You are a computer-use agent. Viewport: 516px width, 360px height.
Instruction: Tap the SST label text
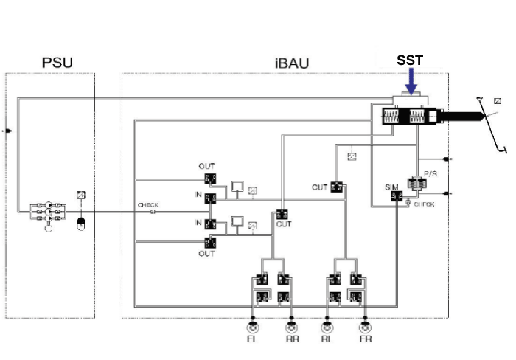[x=411, y=60]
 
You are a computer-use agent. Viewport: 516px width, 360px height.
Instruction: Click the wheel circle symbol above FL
[x=254, y=326]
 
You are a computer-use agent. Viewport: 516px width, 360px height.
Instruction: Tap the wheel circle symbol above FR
[x=363, y=326]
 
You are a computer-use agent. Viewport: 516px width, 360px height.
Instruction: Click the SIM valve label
[x=392, y=188]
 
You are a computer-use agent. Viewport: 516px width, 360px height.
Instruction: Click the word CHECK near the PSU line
[x=148, y=205]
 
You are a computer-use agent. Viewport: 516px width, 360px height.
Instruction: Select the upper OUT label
[x=206, y=167]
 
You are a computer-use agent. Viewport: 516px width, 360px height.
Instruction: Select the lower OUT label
[x=206, y=253]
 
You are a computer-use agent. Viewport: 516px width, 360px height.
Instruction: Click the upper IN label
[x=198, y=193]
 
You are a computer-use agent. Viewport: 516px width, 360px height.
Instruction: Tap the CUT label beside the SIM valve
[x=319, y=187]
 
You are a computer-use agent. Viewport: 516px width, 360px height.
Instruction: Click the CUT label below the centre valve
[x=284, y=223]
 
